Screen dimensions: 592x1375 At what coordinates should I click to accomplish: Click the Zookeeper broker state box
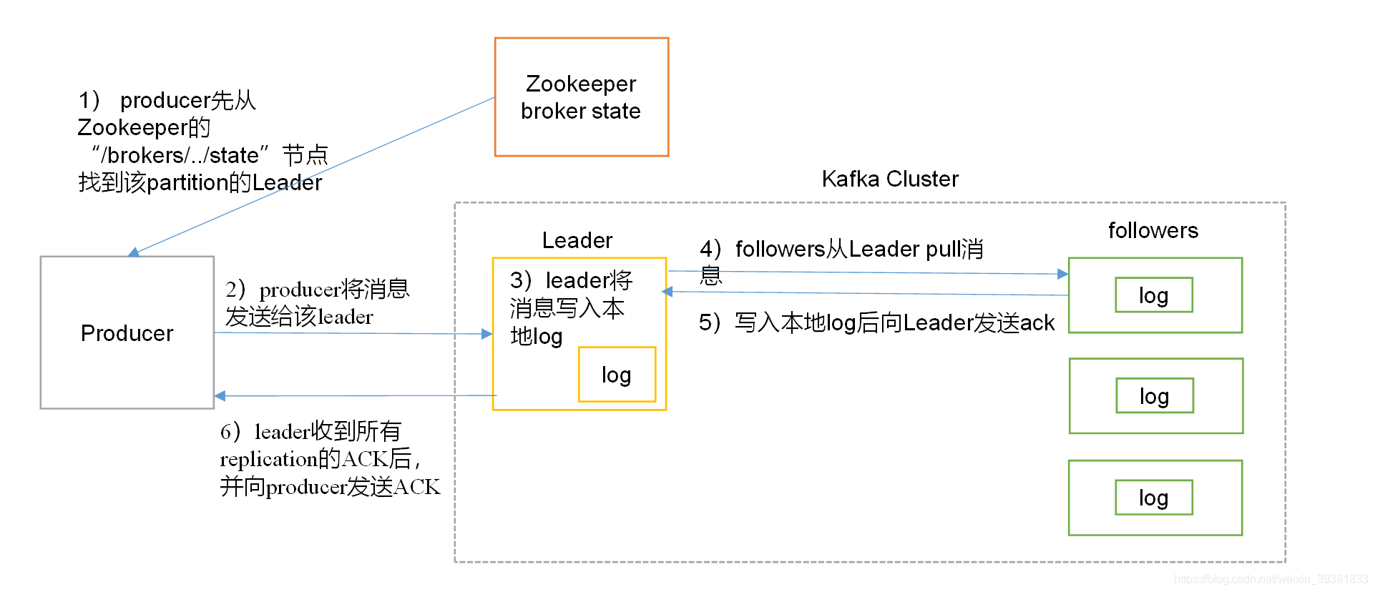pyautogui.click(x=581, y=97)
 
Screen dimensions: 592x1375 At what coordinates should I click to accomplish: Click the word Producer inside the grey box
pyautogui.click(x=127, y=333)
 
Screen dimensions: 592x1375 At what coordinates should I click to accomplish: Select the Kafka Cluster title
pyautogui.click(x=889, y=179)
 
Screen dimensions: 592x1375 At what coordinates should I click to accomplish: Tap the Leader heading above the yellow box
pyautogui.click(x=577, y=240)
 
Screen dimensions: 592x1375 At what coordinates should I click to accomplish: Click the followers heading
pyautogui.click(x=1153, y=230)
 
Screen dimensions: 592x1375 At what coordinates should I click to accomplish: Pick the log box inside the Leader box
pyautogui.click(x=617, y=375)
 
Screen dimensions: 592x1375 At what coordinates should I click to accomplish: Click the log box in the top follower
pyautogui.click(x=1153, y=295)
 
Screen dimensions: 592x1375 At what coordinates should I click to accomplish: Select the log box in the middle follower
pyautogui.click(x=1154, y=396)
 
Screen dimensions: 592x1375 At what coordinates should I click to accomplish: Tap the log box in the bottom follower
pyautogui.click(x=1153, y=498)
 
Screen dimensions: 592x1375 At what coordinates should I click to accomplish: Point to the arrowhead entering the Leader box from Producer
pyautogui.click(x=487, y=334)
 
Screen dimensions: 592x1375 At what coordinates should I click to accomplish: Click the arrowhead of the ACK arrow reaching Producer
pyautogui.click(x=220, y=395)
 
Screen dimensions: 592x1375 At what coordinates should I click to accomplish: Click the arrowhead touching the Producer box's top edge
pyautogui.click(x=134, y=252)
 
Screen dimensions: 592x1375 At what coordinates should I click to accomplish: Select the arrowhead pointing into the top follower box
pyautogui.click(x=1062, y=274)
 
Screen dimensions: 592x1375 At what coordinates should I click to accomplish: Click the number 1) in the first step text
pyautogui.click(x=89, y=100)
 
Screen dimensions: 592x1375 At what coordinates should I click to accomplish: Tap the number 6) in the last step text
pyautogui.click(x=230, y=432)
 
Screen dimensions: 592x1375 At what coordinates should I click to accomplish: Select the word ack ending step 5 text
pyautogui.click(x=1037, y=323)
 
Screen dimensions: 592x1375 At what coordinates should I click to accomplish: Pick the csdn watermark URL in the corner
pyautogui.click(x=1270, y=579)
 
